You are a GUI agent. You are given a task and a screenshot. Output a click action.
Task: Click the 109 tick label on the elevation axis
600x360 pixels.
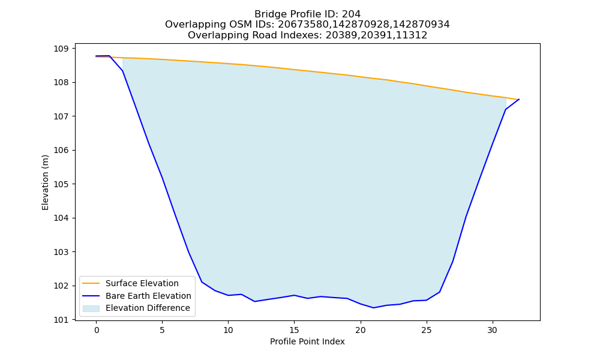61,49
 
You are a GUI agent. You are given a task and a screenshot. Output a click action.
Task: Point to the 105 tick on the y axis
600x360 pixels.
61,184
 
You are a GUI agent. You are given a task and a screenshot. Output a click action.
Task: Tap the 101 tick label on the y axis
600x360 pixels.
61,320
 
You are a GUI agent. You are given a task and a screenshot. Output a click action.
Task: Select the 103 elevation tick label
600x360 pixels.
61,252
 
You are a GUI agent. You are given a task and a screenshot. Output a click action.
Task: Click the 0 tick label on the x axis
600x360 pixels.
97,330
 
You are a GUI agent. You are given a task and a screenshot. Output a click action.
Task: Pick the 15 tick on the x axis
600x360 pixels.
294,330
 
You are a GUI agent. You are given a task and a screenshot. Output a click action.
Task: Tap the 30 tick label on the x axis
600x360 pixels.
493,330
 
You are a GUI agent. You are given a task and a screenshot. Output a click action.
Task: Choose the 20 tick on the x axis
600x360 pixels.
361,330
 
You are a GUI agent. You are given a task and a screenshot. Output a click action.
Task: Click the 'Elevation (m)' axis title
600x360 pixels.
45,182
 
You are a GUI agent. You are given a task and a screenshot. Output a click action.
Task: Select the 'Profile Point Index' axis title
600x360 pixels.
307,341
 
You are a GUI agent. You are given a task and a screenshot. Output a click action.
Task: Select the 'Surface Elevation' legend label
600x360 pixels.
142,283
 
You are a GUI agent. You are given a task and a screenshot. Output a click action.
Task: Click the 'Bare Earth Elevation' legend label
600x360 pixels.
148,296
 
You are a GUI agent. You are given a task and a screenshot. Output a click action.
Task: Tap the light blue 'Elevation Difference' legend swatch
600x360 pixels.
91,308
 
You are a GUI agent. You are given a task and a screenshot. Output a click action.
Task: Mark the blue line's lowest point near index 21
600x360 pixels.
373,308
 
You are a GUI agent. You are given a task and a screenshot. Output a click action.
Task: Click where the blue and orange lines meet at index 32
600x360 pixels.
519,100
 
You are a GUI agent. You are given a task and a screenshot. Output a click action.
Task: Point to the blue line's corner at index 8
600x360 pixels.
202,282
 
